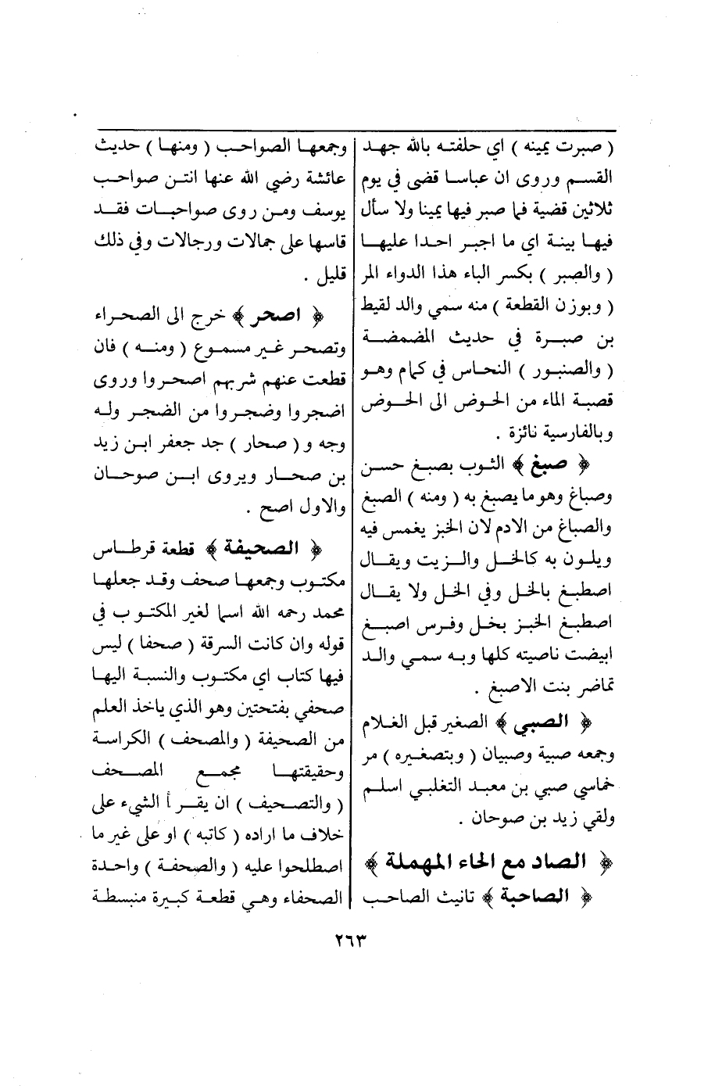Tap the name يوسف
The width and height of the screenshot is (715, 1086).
pyautogui.click(x=331, y=211)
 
